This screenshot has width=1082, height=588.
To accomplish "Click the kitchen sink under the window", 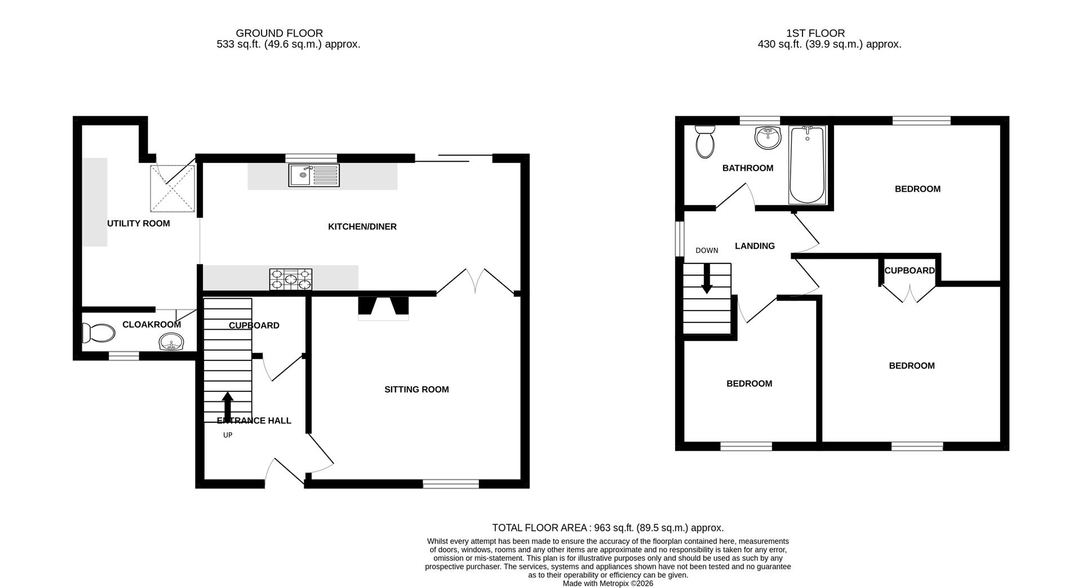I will [x=314, y=175].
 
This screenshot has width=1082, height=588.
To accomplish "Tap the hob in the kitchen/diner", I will [x=291, y=279].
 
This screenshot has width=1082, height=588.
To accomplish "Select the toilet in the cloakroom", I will [x=98, y=333].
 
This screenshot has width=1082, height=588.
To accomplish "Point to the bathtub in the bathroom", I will [x=807, y=165].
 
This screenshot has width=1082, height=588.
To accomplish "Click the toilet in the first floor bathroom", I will [x=704, y=141].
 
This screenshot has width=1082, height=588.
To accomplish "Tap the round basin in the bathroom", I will [x=767, y=137].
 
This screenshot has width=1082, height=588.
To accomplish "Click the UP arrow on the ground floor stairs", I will [x=228, y=405].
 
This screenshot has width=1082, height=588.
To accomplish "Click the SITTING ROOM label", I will [x=416, y=390].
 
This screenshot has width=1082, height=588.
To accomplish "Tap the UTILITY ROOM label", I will [x=139, y=223].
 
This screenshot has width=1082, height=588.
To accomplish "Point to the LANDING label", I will [x=755, y=246].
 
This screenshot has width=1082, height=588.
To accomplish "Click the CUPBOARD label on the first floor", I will [x=909, y=271].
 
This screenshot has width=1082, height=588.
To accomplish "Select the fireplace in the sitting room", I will [x=383, y=307].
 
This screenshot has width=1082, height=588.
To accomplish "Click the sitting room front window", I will [x=451, y=484].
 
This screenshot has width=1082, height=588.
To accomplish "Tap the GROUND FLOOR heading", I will [x=279, y=33].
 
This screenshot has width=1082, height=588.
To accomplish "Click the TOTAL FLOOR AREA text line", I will [x=607, y=528].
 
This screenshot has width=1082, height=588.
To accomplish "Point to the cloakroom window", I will [x=123, y=356].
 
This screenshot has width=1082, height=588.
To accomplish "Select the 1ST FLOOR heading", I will [x=815, y=33].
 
